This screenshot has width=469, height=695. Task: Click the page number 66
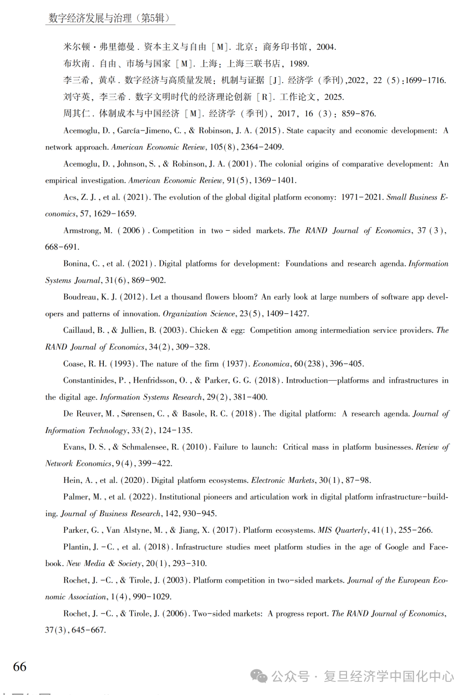tap(20, 667)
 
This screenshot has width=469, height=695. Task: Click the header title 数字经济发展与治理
tap(90, 18)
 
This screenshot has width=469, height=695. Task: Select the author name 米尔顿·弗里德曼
tap(99, 47)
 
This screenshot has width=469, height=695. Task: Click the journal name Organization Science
tap(199, 314)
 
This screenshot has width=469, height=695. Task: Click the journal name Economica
tap(271, 364)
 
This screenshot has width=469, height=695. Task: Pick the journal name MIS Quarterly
tap(342, 530)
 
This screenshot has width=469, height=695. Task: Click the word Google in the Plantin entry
tap(396, 547)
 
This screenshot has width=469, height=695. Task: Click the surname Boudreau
tap(81, 297)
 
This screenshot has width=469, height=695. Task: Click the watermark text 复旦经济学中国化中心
tap(388, 676)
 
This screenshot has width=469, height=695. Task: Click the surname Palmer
tap(77, 497)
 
